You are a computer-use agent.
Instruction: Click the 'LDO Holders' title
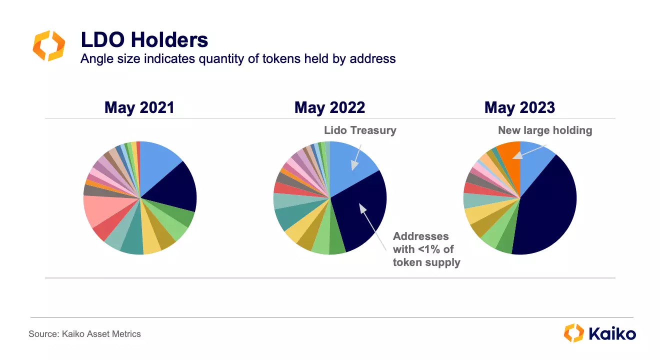[144, 40]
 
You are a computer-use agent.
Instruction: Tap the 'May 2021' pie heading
[139, 107]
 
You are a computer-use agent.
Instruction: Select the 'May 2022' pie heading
[330, 107]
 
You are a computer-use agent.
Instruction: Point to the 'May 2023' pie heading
[519, 107]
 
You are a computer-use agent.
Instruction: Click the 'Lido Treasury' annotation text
[360, 130]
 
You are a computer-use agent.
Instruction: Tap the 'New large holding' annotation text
[545, 130]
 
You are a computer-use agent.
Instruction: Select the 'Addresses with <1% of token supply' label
[426, 249]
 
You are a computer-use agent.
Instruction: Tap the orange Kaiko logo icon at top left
[48, 45]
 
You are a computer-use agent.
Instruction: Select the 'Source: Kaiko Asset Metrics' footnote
[84, 334]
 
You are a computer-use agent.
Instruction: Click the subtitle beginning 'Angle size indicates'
[238, 59]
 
